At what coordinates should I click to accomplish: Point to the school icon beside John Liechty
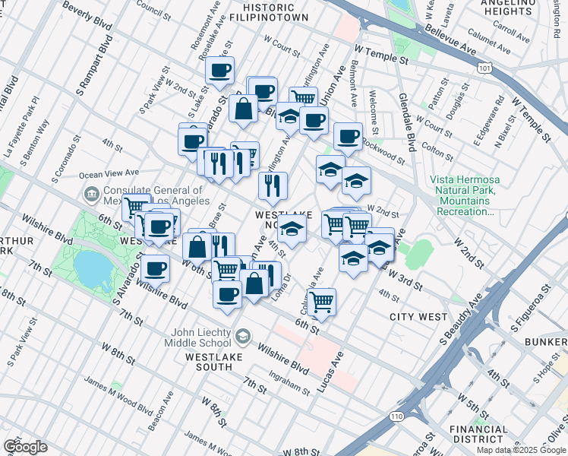242,336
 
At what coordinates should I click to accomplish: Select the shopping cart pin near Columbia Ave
322,300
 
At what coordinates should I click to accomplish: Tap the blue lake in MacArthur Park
91,268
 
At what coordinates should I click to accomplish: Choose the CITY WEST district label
415,316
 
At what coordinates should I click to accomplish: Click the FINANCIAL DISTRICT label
478,434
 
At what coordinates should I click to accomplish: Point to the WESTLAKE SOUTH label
198,361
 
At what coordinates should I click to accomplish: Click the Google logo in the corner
25,446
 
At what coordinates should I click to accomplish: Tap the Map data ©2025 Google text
521,450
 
